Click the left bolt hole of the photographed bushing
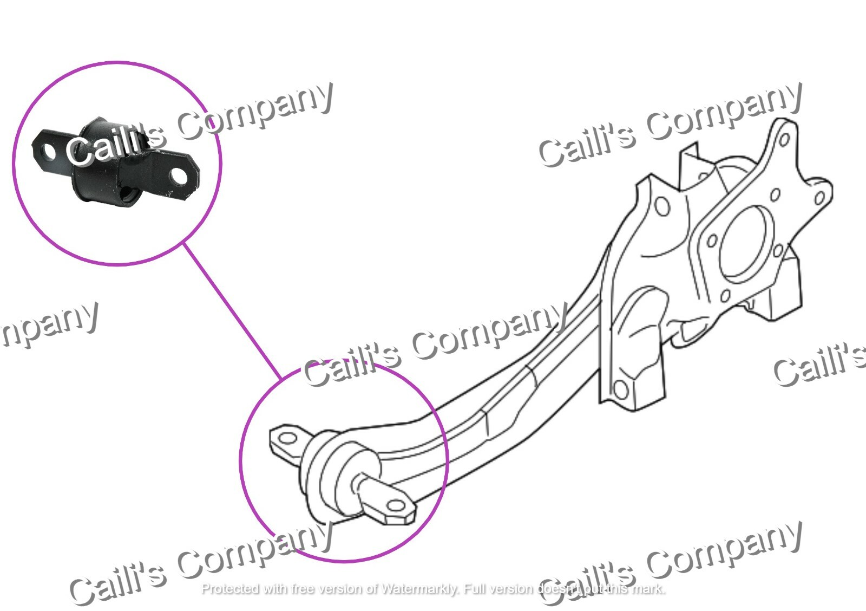[48, 151]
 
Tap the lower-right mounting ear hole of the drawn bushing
[396, 506]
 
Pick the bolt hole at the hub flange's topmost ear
[784, 140]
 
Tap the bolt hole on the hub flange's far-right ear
[818, 199]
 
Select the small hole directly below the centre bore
[726, 296]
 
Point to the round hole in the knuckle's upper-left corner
[661, 206]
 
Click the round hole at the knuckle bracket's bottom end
[621, 388]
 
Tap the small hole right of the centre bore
[777, 251]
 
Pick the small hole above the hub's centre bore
[775, 194]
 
